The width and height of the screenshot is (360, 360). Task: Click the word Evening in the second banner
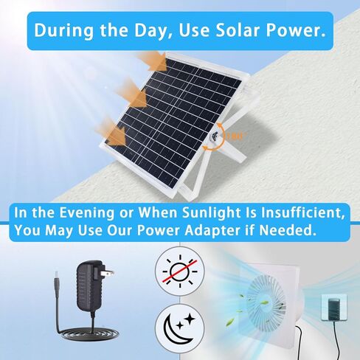(x=87, y=212)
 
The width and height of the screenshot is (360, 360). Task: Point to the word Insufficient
(x=302, y=213)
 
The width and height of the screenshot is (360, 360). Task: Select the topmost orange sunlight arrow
(x=153, y=61)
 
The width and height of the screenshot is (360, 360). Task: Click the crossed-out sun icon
(x=180, y=271)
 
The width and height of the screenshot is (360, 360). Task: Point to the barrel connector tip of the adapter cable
(x=56, y=279)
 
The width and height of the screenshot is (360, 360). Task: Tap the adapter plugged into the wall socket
(x=334, y=307)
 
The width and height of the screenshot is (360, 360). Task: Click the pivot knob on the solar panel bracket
(x=215, y=136)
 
